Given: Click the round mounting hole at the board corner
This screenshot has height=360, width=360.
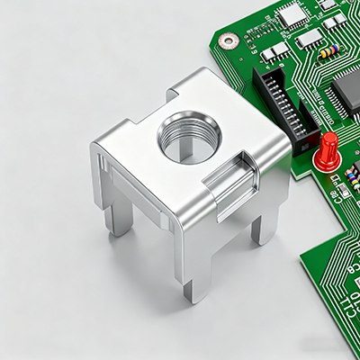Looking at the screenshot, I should click(x=230, y=40).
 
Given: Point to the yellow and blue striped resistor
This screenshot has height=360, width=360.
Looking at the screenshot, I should click(x=328, y=51).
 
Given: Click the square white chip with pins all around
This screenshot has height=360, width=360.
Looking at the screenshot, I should click(x=292, y=13).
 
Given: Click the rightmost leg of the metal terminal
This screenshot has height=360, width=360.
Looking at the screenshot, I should click(x=264, y=225).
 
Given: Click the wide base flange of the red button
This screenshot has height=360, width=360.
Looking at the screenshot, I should click(x=325, y=163).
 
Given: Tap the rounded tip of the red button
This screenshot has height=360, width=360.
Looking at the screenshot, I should click(x=330, y=139).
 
